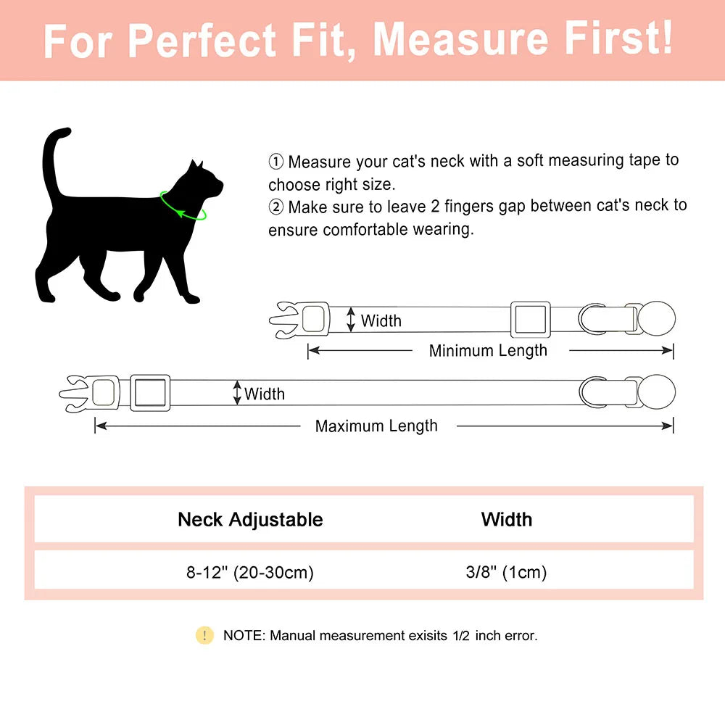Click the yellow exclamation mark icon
tap(204, 636)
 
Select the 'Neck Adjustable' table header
tap(250, 520)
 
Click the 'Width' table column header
tap(506, 520)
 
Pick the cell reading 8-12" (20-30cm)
tap(250, 573)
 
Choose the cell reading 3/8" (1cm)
tap(506, 573)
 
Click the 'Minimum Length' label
tap(488, 351)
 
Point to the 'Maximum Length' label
tap(376, 426)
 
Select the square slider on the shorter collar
tap(531, 319)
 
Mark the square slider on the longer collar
tap(150, 392)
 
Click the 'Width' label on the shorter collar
tap(381, 320)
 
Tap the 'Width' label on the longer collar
tap(265, 394)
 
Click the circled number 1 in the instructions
tap(275, 161)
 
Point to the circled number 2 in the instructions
tap(275, 207)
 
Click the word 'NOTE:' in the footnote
tap(244, 636)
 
